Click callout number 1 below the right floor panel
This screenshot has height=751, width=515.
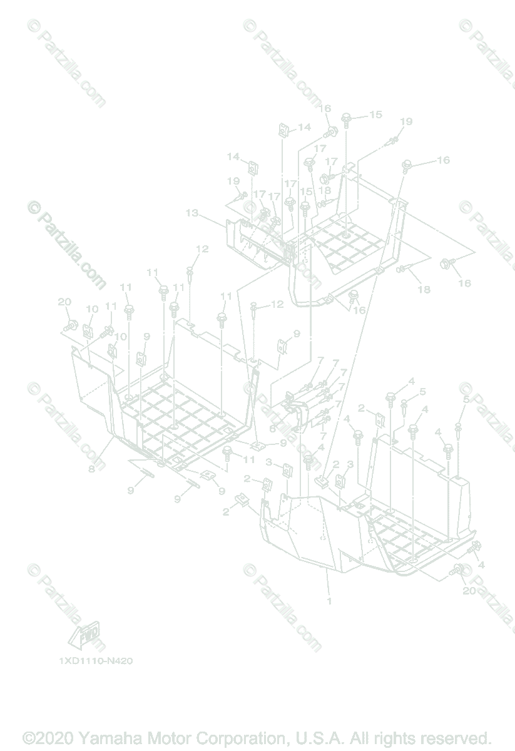click(x=329, y=601)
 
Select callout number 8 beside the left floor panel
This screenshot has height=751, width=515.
click(x=91, y=469)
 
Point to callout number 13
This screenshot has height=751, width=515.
click(x=191, y=213)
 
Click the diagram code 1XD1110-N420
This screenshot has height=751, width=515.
click(x=96, y=660)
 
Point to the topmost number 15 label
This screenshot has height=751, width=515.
click(x=375, y=115)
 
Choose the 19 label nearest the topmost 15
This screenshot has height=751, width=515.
click(x=406, y=121)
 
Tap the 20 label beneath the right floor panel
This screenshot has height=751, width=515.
click(x=469, y=590)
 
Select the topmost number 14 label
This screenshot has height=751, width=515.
click(x=304, y=127)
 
